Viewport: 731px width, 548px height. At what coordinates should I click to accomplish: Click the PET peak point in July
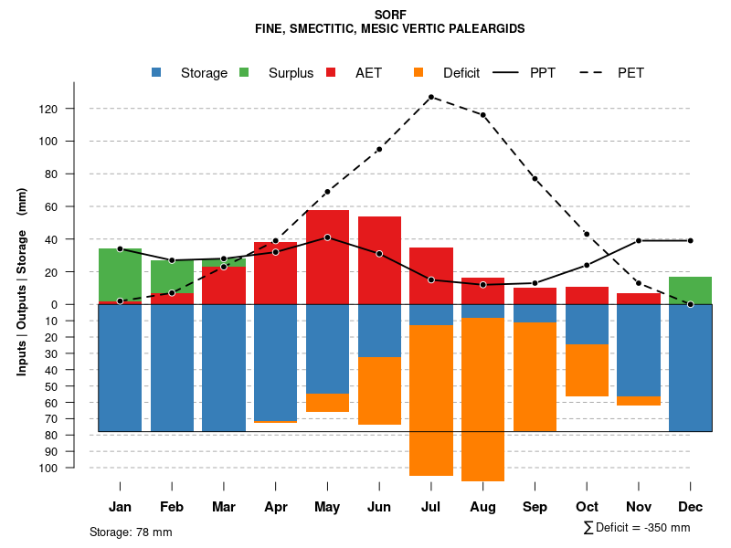click(x=430, y=97)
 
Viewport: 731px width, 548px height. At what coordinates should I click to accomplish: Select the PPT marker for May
click(x=327, y=237)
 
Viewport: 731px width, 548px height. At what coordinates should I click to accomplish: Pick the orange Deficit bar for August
click(x=482, y=399)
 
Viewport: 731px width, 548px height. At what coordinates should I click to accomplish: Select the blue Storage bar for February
click(x=172, y=367)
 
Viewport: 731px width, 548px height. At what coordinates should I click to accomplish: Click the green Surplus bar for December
click(x=690, y=290)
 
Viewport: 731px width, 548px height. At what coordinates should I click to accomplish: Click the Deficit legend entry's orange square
click(x=419, y=72)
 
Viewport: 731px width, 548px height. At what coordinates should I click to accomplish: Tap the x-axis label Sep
click(x=535, y=507)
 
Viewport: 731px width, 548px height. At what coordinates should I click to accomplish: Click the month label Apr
click(x=275, y=507)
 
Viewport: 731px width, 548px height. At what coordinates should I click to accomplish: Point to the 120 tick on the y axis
click(x=74, y=109)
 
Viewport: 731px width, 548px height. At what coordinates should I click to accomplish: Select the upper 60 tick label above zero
click(x=76, y=206)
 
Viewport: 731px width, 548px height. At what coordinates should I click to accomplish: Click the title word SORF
click(x=390, y=15)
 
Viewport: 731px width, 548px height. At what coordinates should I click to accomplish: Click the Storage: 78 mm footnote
click(x=131, y=532)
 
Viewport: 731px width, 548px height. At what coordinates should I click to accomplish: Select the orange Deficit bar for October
click(x=587, y=371)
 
